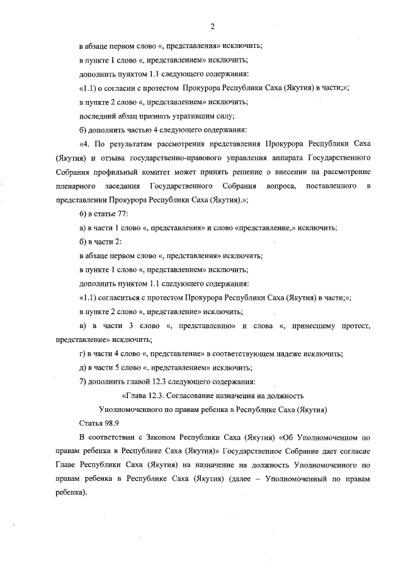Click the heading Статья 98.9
(98, 422)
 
